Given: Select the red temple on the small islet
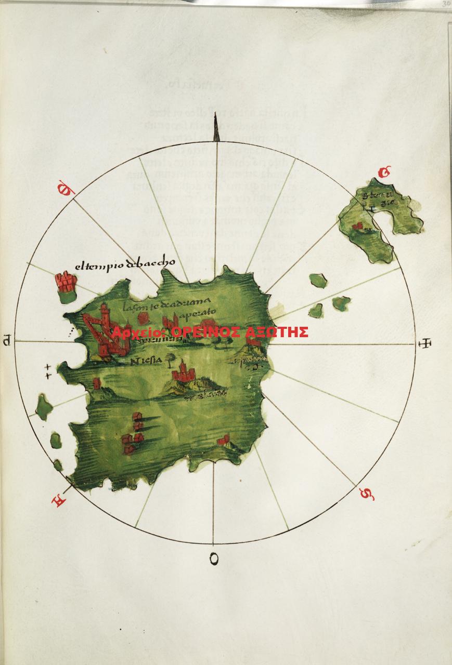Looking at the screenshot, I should point(66,283).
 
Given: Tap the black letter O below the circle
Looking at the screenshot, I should point(214,559).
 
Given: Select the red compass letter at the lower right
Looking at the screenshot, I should point(367,494).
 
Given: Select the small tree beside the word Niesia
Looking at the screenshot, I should point(170,358).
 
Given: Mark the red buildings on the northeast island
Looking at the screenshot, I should point(357,226).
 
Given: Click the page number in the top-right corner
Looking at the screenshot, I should point(446,4).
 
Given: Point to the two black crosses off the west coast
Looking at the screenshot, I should point(48,370).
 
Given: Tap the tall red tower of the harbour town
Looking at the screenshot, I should point(106,317).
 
